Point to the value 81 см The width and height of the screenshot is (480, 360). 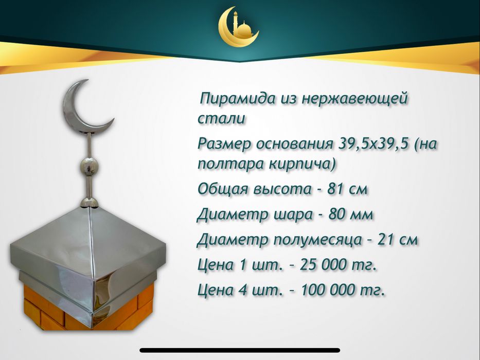pos(350,189)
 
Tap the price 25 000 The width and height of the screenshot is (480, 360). pos(318,265)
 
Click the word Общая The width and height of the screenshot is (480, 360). pos(223,189)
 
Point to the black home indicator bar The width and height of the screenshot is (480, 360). pos(239,350)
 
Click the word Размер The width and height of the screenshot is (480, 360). pos(224,143)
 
